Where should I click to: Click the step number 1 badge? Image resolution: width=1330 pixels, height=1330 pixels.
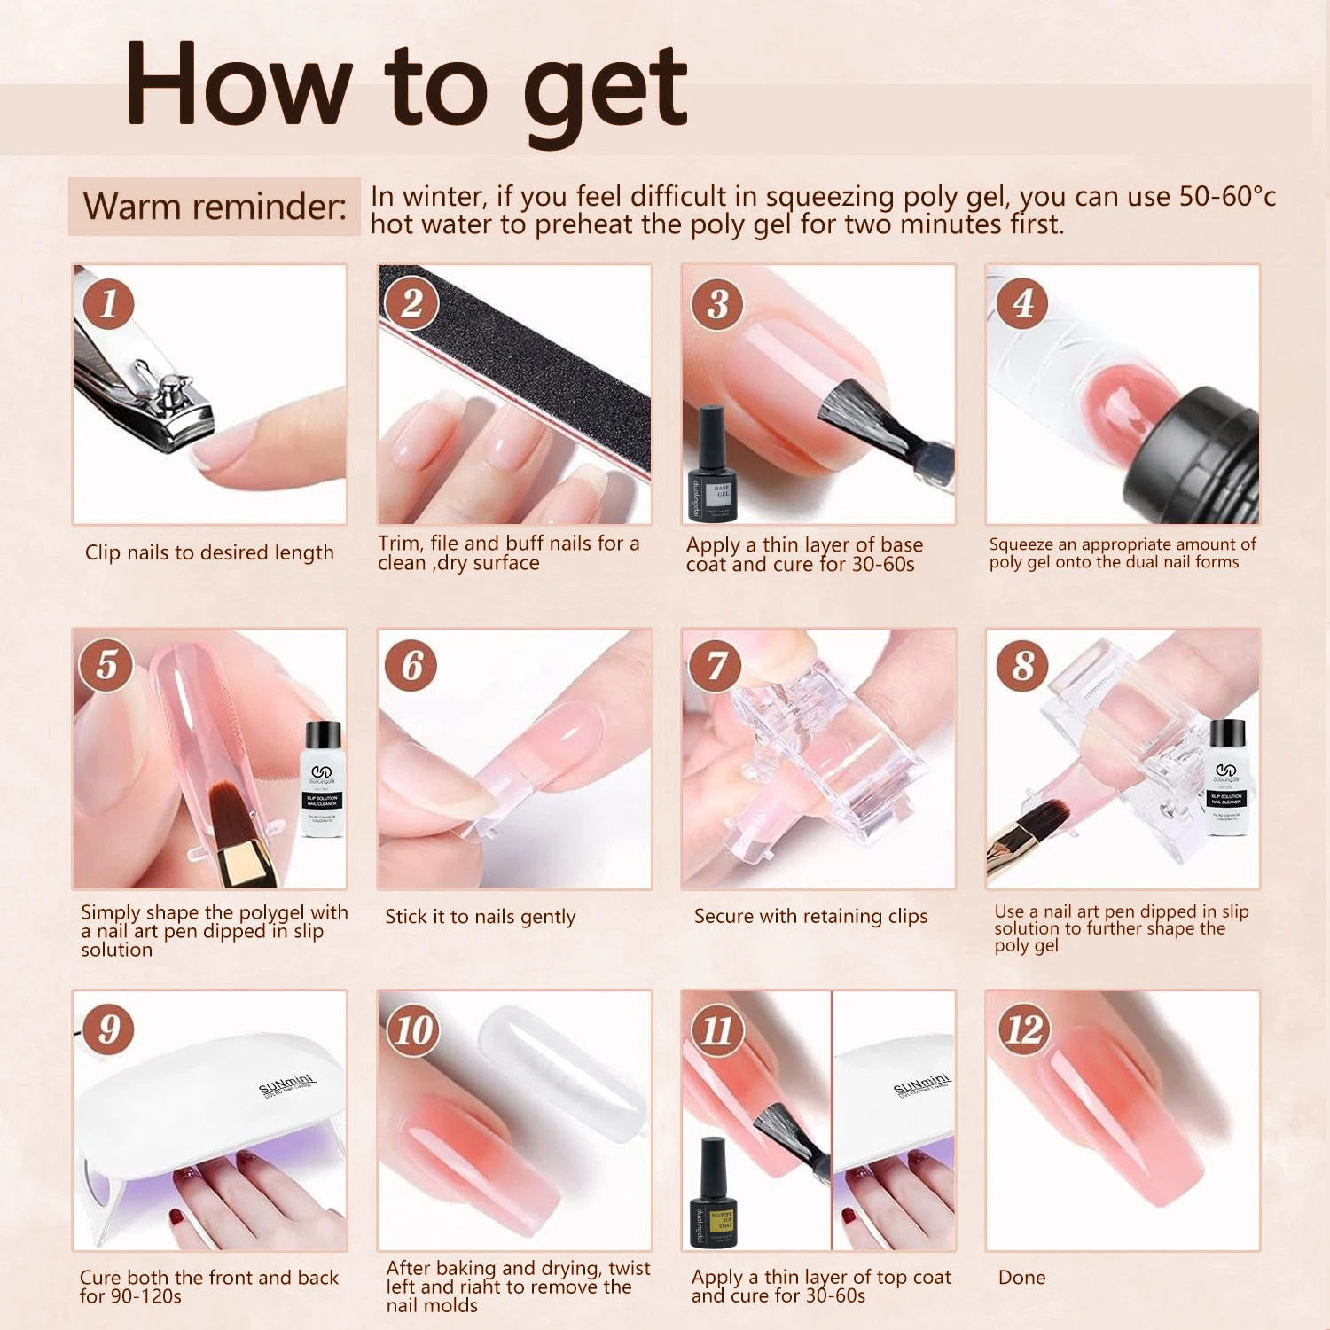(x=108, y=303)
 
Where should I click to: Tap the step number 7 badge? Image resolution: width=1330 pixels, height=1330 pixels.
(x=716, y=666)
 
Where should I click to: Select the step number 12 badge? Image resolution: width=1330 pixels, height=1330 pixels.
(x=1023, y=1029)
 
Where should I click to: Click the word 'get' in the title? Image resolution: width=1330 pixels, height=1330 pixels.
(x=605, y=87)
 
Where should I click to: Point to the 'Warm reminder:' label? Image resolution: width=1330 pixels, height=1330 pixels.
(x=215, y=207)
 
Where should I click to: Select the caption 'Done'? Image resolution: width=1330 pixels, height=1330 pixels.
(x=1021, y=1277)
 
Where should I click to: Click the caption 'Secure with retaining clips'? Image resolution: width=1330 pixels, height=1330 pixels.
(x=810, y=916)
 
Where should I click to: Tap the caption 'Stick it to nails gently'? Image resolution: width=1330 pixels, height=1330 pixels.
(x=480, y=917)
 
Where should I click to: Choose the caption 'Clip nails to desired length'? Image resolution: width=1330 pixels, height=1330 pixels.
(x=209, y=552)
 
